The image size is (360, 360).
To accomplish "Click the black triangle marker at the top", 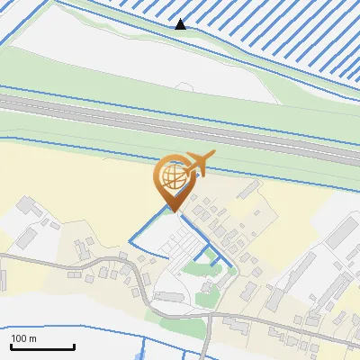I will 181,24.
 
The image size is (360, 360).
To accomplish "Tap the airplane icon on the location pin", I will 197,163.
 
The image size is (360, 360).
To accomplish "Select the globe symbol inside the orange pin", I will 174,175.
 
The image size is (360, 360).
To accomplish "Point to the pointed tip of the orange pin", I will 175,211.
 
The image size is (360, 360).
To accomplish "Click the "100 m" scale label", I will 23,338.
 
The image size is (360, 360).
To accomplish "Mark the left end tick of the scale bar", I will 11,346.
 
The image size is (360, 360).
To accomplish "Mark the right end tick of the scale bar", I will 74,346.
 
